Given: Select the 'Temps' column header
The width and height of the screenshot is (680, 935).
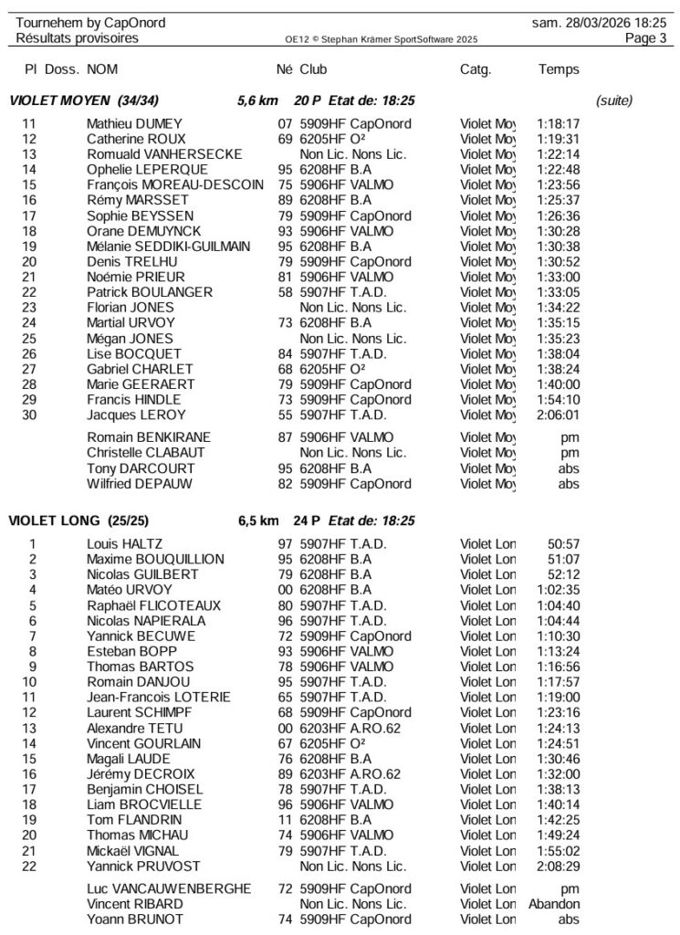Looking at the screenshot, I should [559, 69].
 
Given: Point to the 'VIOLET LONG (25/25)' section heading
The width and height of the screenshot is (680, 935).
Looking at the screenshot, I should [69, 521].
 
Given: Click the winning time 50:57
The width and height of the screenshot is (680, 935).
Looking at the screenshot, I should [564, 544].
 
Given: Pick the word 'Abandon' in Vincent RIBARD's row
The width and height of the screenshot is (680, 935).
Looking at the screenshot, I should [554, 904].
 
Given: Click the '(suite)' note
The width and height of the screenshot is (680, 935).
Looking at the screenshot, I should [613, 100].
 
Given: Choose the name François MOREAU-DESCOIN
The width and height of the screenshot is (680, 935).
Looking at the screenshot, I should [173, 184].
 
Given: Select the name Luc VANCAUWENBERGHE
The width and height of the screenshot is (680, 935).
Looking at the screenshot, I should [169, 888].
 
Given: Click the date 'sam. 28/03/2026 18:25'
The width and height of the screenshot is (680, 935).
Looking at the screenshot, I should [598, 22].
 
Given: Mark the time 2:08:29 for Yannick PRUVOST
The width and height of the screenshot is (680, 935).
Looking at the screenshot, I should [560, 866].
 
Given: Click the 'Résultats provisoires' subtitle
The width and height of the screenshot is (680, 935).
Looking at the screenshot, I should [78, 38].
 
